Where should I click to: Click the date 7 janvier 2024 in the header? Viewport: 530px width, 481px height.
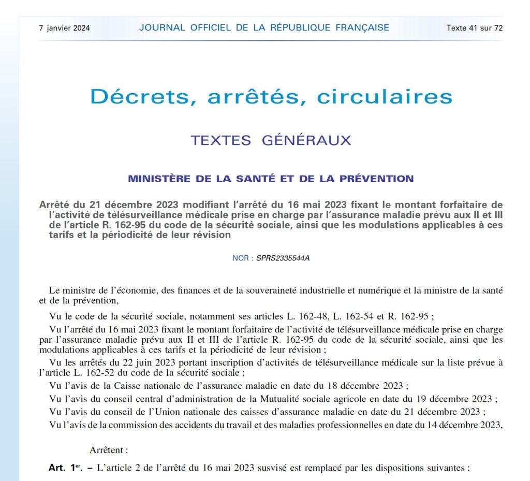[64, 28]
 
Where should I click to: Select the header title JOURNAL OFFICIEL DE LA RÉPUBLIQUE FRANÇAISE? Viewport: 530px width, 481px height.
[264, 28]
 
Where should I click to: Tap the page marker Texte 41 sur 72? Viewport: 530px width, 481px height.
[474, 28]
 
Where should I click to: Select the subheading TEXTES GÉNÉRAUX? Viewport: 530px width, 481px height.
[271, 140]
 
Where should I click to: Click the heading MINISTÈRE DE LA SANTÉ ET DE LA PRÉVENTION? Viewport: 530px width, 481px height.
[271, 179]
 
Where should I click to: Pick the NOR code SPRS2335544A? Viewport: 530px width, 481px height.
[283, 258]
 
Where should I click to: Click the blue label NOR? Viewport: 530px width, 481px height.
[240, 258]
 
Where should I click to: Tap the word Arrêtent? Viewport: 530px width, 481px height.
[109, 450]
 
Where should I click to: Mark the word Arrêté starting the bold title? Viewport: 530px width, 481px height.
[56, 205]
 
